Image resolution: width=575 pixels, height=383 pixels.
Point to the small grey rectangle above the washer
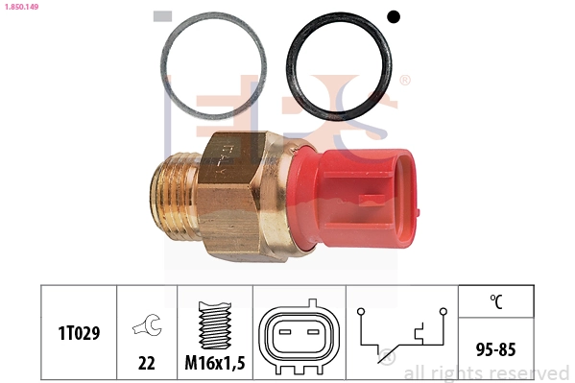tap(162, 16)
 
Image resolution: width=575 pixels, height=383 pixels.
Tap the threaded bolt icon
tap(213, 324)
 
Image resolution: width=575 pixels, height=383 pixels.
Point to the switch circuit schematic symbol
tap(401, 331)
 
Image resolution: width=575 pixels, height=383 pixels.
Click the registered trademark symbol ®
tap(404, 81)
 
